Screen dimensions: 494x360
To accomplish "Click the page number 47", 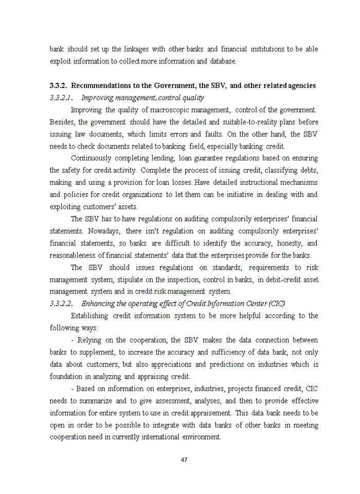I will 184,460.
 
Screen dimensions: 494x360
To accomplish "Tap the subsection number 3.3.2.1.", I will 61,97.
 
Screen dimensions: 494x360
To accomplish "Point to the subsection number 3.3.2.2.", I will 61,303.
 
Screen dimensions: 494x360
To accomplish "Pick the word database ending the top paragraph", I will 223,61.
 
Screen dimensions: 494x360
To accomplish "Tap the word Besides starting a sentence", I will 62,122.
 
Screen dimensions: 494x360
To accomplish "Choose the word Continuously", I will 93,158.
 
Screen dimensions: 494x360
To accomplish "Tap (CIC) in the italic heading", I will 275,303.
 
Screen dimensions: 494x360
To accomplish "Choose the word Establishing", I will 89,315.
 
